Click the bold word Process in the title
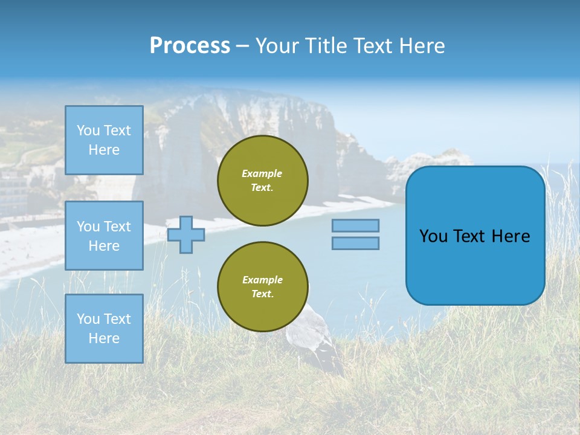pos(190,46)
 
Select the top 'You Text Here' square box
pos(104,140)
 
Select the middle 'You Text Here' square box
pos(104,236)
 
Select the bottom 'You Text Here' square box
pos(104,329)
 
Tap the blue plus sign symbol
pos(186,234)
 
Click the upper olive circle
pos(263,181)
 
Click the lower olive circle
pos(263,287)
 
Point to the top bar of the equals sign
pos(356,225)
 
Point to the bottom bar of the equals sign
pos(356,243)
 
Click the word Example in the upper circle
pos(262,173)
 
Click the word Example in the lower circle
pos(262,280)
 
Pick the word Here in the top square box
pos(104,150)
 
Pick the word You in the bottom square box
pos(88,319)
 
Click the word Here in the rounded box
pos(511,236)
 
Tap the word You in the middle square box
pos(88,227)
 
